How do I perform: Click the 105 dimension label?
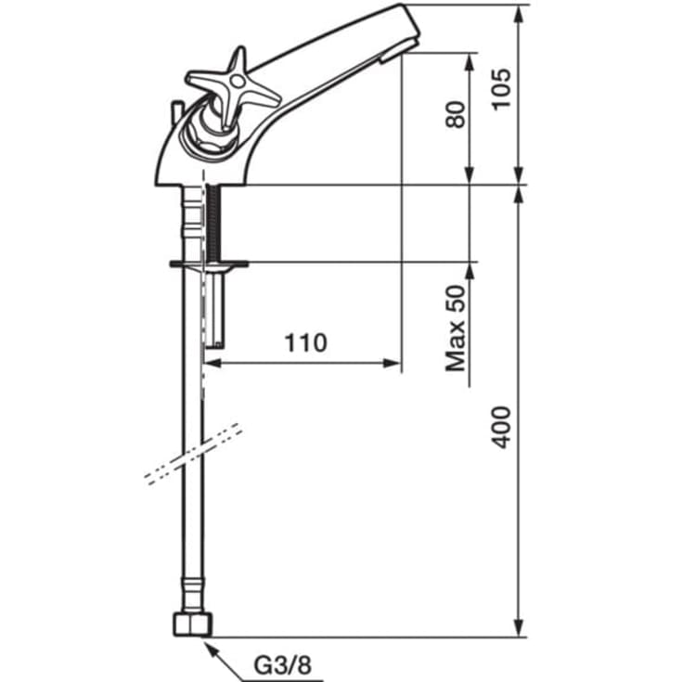tap(501, 89)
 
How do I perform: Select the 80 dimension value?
tap(456, 114)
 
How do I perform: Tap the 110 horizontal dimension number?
tap(305, 342)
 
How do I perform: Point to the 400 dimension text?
tap(501, 427)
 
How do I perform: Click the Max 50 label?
tap(456, 328)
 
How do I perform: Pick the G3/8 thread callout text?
tap(283, 665)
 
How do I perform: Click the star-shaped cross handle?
tap(233, 87)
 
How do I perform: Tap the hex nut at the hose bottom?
tap(193, 624)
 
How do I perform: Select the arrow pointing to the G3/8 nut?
tap(223, 662)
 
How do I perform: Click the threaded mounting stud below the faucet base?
tap(214, 223)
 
